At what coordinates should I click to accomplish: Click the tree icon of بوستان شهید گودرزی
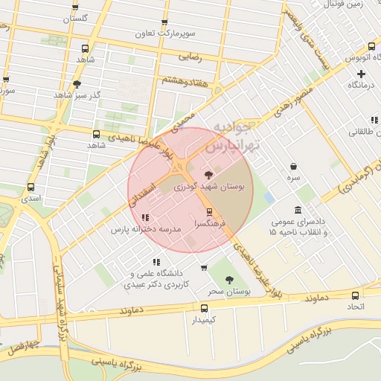click(x=207, y=175)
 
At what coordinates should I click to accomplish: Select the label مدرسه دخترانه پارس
click(x=147, y=231)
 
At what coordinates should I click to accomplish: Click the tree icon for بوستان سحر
click(x=229, y=280)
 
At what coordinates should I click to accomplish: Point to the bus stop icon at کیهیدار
click(x=205, y=307)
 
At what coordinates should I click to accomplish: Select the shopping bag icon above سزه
click(x=295, y=167)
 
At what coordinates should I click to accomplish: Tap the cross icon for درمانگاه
click(x=361, y=74)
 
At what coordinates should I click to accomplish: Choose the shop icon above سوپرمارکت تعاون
click(x=165, y=22)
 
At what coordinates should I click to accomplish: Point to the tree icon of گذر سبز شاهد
click(x=77, y=84)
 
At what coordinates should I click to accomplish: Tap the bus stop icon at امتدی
click(x=31, y=188)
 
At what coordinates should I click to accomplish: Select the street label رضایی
click(x=190, y=54)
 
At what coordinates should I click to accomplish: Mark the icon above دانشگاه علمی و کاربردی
click(x=156, y=262)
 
